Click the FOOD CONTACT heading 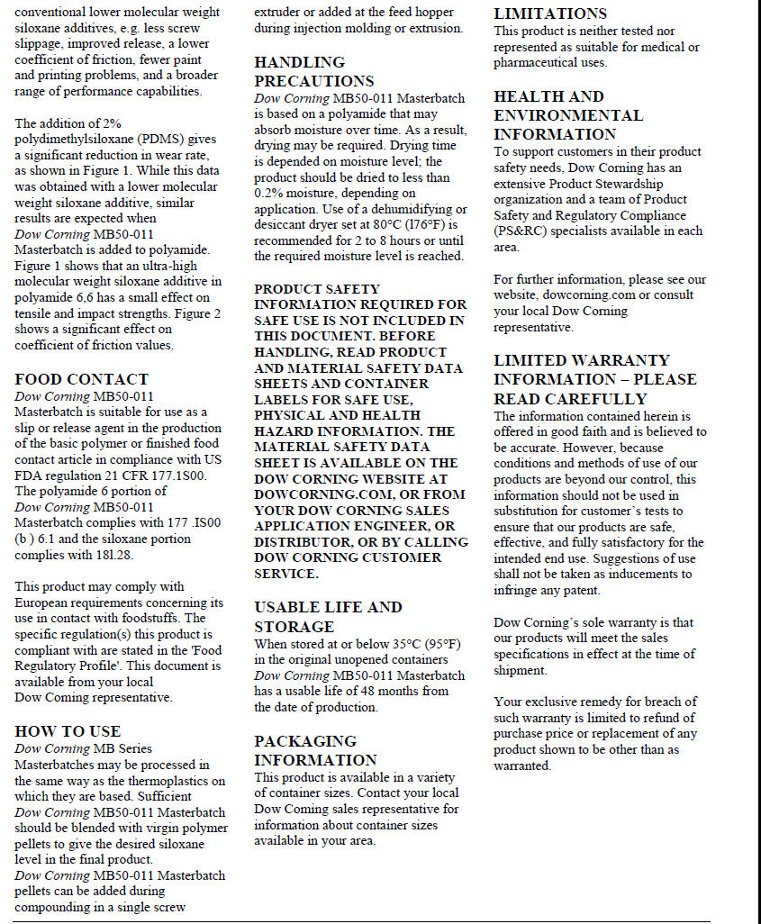[82, 379]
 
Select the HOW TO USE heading [68, 731]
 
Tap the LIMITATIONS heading [550, 14]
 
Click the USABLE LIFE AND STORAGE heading [328, 617]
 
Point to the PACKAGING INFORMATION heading [315, 750]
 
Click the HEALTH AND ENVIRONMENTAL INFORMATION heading [568, 115]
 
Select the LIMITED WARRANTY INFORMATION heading [594, 379]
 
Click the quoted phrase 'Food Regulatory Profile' [118, 657]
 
